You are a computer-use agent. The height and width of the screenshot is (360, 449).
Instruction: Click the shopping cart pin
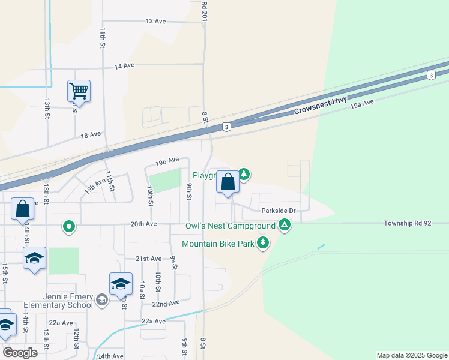79,91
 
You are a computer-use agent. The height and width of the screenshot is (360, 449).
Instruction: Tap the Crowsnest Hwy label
322,107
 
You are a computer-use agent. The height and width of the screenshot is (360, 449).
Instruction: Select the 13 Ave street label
155,21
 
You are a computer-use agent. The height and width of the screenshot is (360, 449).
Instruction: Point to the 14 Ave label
123,65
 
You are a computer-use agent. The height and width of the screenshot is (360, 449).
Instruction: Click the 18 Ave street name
91,135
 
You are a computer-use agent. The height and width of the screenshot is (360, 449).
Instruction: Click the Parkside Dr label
279,211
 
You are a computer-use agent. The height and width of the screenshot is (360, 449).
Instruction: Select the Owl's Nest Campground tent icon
285,226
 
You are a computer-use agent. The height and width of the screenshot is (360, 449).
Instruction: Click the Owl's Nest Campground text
231,226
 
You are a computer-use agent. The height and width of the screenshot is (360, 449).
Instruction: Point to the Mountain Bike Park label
218,244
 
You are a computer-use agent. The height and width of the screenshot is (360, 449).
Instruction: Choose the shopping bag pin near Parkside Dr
228,182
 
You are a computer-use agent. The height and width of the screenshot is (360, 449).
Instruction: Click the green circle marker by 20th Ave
70,227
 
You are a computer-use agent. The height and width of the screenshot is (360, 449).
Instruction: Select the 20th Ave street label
143,224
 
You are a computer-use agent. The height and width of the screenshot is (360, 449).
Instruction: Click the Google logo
20,353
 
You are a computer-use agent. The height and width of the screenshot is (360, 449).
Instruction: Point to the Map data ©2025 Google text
411,355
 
